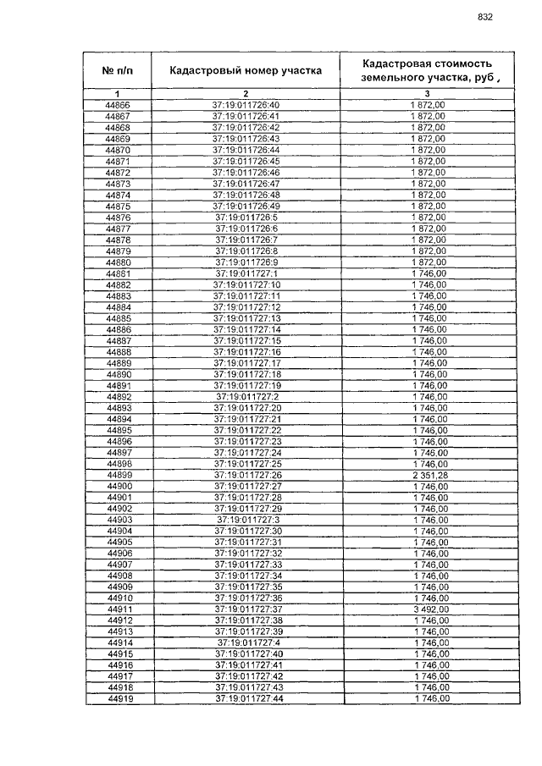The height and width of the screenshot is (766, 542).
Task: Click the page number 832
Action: [x=485, y=17]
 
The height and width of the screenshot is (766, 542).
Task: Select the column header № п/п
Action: [x=118, y=69]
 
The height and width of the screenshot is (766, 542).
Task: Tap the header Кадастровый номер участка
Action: [x=246, y=69]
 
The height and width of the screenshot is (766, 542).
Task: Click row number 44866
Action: [x=118, y=105]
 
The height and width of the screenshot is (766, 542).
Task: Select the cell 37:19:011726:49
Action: [x=246, y=206]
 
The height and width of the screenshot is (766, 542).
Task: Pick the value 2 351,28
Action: [x=429, y=475]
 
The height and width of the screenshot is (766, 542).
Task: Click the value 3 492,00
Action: [x=429, y=609]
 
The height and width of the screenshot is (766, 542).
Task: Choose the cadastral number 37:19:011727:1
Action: [x=246, y=273]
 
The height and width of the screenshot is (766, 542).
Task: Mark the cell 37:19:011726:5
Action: [x=246, y=218]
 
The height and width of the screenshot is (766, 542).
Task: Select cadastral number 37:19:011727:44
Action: [x=247, y=698]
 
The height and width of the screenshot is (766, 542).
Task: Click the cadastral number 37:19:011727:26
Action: [x=247, y=475]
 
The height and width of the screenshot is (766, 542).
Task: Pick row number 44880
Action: [x=119, y=262]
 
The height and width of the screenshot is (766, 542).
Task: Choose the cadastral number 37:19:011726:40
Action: [x=246, y=105]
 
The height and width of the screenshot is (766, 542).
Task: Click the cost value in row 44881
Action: [x=429, y=273]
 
